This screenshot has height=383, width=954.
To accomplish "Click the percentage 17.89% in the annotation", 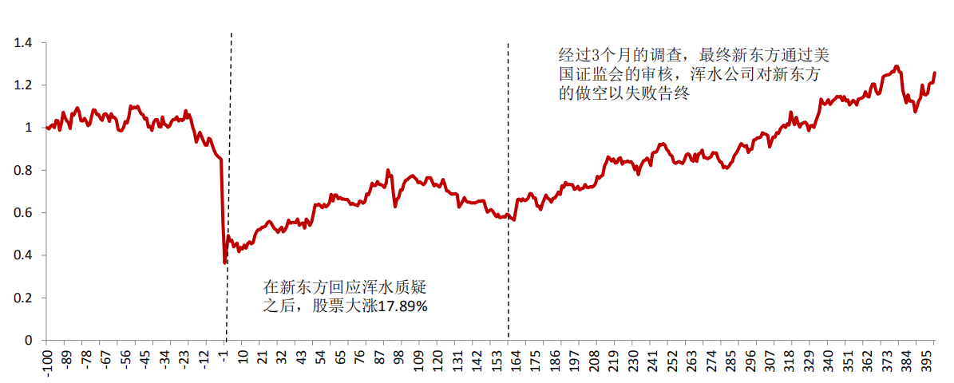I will [x=405, y=306].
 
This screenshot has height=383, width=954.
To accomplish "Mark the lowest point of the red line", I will [x=225, y=262].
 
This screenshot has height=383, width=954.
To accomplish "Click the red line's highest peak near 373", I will [x=897, y=66].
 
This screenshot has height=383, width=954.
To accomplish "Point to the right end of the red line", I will [x=935, y=73].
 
